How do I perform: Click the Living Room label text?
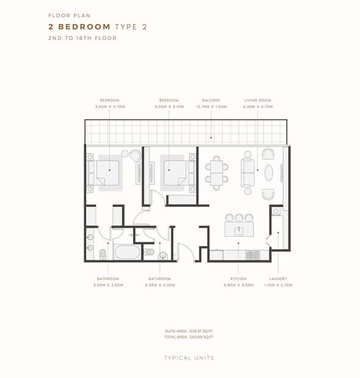257,100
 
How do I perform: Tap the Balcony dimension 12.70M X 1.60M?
211,106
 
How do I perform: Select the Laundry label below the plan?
278,278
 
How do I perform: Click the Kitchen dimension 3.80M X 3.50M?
239,285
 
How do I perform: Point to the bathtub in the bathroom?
127,252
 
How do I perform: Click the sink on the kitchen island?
239,231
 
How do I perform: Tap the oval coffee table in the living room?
268,173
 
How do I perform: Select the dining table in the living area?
217,173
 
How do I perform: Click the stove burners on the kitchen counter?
253,255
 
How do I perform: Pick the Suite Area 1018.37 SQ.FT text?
189,331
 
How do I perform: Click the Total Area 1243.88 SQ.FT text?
189,337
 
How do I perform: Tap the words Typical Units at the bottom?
189,358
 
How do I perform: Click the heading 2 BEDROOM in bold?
79,26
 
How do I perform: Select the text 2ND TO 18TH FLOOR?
82,38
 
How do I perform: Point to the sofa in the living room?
248,173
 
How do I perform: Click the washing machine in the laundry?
276,211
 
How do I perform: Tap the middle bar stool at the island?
239,217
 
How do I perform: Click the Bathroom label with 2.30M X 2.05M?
160,278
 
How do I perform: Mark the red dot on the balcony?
211,137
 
